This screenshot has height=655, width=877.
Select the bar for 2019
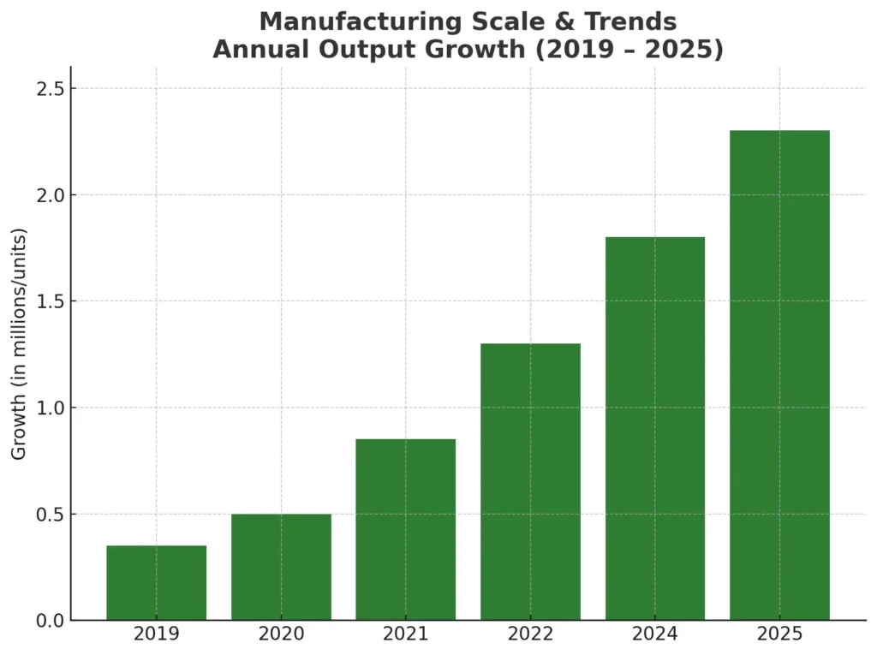156,582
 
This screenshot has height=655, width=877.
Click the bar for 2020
281,567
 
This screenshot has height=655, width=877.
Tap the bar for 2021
406,529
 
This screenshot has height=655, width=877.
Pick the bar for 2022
530,481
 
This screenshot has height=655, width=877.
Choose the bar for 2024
655,428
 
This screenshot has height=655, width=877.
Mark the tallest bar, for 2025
779,375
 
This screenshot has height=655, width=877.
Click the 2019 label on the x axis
156,634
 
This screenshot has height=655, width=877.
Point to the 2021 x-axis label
406,634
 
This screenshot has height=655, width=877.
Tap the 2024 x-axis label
655,634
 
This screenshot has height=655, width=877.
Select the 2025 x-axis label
779,634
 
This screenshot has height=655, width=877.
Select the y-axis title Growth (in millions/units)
19,343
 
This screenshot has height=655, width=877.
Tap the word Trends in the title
629,21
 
